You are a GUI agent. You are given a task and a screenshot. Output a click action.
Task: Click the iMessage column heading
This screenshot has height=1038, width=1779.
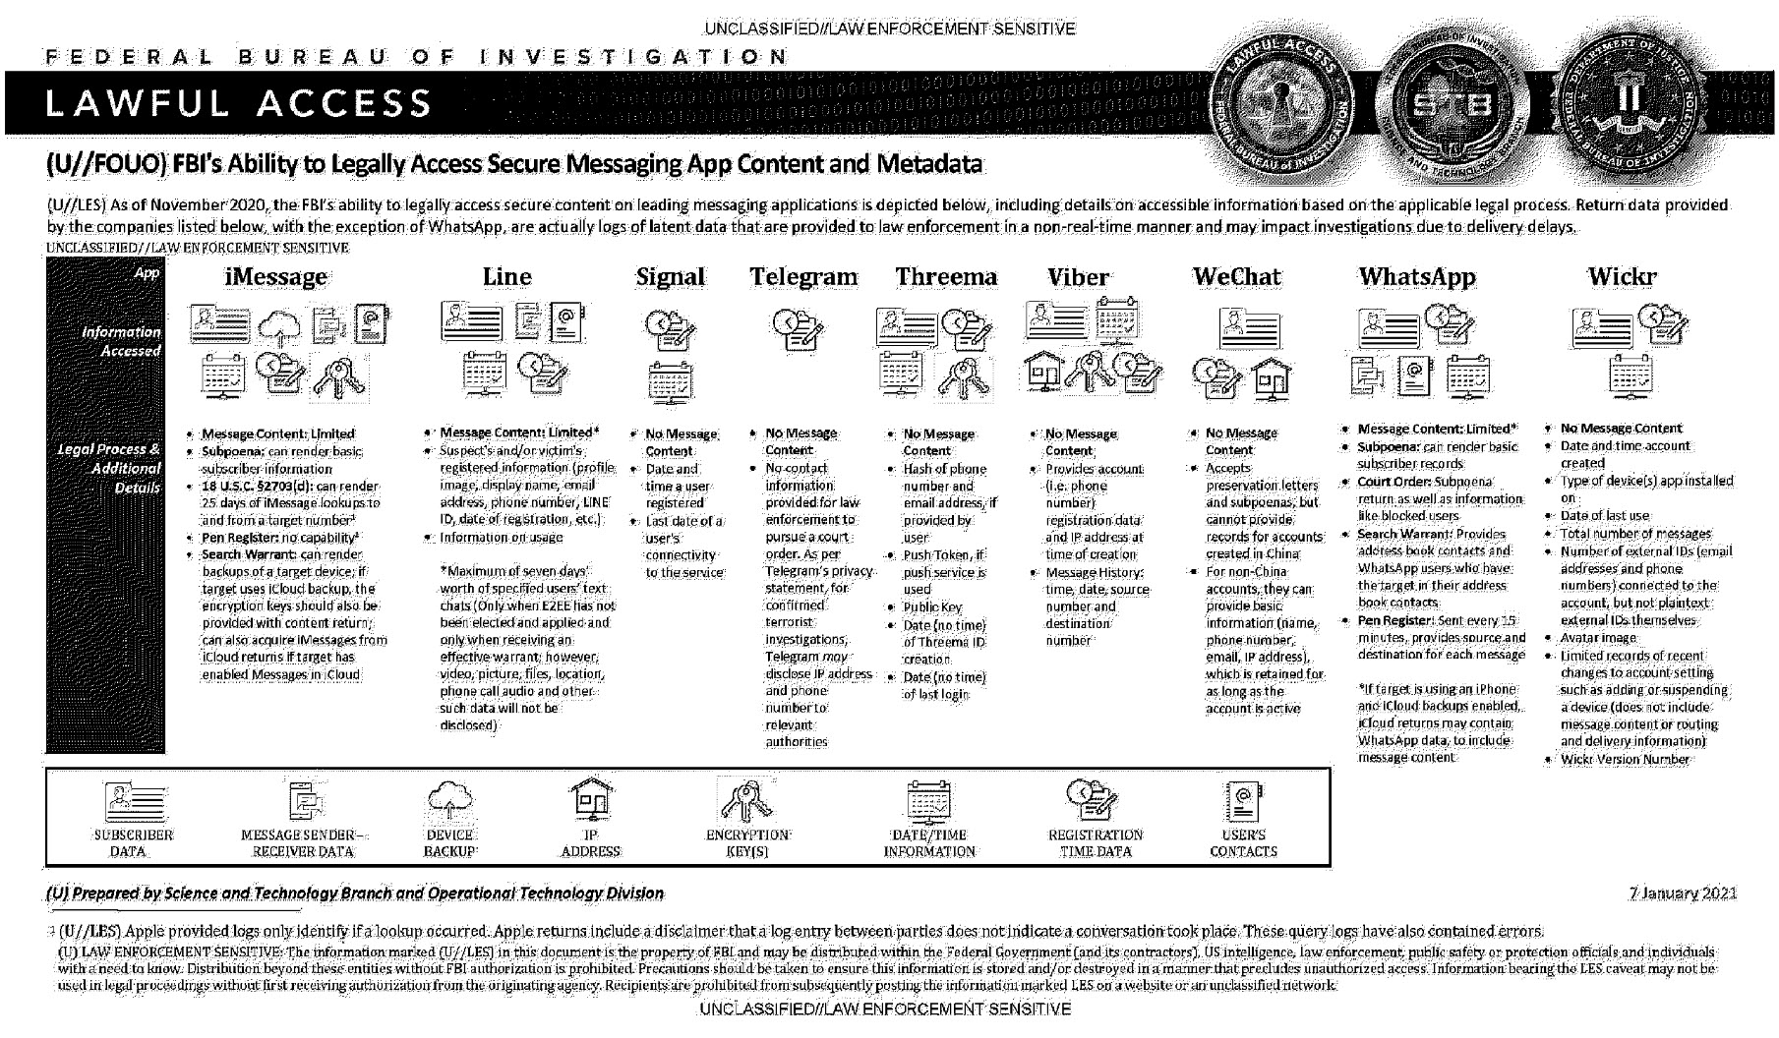click(x=275, y=277)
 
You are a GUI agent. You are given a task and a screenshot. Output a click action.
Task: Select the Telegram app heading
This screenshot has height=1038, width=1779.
click(x=803, y=277)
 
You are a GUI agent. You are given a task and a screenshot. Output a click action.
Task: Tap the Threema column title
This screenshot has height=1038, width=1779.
click(x=946, y=277)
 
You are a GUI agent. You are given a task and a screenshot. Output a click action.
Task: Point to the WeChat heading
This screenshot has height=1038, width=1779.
click(x=1236, y=277)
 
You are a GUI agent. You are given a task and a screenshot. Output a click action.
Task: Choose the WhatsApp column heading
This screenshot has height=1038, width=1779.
click(x=1417, y=277)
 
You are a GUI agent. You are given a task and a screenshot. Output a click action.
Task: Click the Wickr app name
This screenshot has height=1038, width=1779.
click(x=1622, y=277)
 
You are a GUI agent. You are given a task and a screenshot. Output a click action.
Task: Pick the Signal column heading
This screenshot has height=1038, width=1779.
click(x=670, y=277)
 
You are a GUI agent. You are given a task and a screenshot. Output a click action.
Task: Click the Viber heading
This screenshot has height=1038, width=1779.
click(x=1078, y=277)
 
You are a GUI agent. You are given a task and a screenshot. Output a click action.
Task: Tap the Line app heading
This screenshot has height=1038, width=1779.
click(x=506, y=277)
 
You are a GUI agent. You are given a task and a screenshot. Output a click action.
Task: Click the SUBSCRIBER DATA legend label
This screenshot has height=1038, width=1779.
click(x=128, y=843)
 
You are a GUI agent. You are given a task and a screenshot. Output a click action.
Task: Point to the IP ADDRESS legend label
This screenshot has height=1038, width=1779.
click(x=590, y=843)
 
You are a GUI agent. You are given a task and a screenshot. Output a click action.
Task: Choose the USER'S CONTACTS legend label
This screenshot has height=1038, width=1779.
click(x=1243, y=843)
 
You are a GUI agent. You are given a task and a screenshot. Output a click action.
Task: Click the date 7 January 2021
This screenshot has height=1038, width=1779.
click(x=1683, y=894)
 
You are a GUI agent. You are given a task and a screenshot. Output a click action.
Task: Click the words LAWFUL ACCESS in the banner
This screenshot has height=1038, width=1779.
click(x=238, y=102)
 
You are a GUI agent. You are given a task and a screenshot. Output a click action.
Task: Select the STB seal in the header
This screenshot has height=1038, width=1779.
click(x=1453, y=103)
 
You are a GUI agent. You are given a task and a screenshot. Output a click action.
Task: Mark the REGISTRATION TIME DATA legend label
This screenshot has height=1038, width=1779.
click(x=1096, y=843)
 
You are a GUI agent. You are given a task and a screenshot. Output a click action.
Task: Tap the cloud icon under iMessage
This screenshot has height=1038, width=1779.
click(x=281, y=326)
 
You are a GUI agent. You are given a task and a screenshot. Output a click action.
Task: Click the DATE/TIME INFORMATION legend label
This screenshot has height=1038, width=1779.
click(x=929, y=843)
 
